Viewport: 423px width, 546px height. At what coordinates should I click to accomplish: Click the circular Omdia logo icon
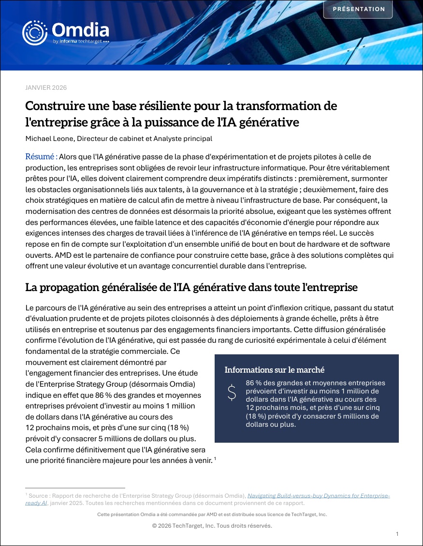pyautogui.click(x=35, y=32)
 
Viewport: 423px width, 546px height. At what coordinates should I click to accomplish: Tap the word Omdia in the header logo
pyautogui.click(x=80, y=30)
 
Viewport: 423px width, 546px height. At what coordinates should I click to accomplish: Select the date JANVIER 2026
pyautogui.click(x=46, y=87)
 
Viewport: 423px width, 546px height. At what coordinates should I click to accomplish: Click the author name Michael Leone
pyautogui.click(x=48, y=139)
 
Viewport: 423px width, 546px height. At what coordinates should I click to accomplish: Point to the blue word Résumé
pyautogui.click(x=41, y=156)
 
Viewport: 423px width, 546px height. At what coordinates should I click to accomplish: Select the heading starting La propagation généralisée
pyautogui.click(x=191, y=288)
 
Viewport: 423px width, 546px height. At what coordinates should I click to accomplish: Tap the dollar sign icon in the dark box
pyautogui.click(x=232, y=393)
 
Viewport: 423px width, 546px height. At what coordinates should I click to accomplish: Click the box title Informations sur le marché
pyautogui.click(x=274, y=370)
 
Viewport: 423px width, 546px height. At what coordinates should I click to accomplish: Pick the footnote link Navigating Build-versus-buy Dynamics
pyautogui.click(x=319, y=495)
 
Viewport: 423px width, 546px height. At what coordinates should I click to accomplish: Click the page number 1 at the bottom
pyautogui.click(x=397, y=534)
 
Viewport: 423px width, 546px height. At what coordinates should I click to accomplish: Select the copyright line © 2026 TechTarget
pyautogui.click(x=212, y=525)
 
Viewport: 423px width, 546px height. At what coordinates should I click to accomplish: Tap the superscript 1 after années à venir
pyautogui.click(x=215, y=459)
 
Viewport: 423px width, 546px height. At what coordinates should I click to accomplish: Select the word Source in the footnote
pyautogui.click(x=38, y=495)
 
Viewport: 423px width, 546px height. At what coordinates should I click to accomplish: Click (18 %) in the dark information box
pyautogui.click(x=258, y=416)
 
